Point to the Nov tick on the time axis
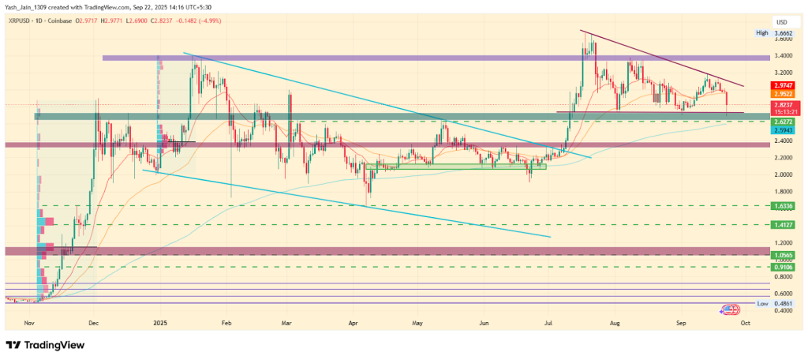[x=29, y=323]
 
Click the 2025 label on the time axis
[x=160, y=323]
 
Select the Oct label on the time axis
[x=745, y=323]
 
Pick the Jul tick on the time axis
[x=548, y=323]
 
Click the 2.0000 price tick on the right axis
[x=761, y=175]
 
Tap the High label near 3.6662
[x=761, y=32]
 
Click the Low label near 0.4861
[x=761, y=303]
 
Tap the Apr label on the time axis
[x=352, y=323]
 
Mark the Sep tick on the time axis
[x=679, y=323]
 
